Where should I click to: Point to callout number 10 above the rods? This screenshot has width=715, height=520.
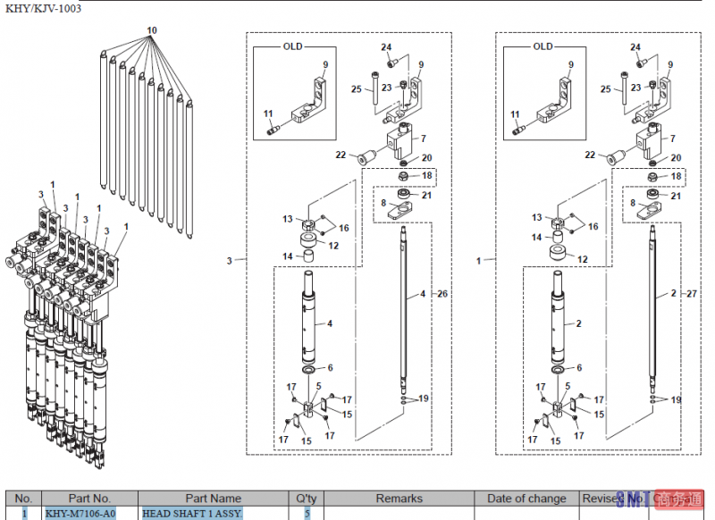tap(152, 30)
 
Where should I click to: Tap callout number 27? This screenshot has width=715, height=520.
tap(692, 294)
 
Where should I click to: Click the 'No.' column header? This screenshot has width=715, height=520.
tap(23, 499)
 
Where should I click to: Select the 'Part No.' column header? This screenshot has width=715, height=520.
tap(89, 499)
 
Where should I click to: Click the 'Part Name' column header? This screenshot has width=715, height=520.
tap(213, 499)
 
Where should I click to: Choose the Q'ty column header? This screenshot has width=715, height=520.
tap(306, 499)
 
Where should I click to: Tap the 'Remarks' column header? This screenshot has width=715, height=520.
tap(399, 499)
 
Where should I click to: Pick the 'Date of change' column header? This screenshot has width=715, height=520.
tap(526, 499)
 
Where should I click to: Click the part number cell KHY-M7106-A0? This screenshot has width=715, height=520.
tap(80, 514)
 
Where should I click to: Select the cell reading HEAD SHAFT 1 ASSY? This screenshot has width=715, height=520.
tap(191, 514)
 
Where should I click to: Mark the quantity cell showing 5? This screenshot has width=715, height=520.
tap(306, 514)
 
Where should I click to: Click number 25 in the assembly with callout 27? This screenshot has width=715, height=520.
tap(606, 90)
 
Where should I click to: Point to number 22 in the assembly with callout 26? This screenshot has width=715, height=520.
tap(341, 155)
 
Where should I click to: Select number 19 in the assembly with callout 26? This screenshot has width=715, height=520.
tap(424, 398)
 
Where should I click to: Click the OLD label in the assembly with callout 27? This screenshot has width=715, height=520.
tap(543, 46)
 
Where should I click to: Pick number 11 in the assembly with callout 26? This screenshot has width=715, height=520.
tap(267, 113)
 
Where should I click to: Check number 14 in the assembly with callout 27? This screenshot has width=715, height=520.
tap(537, 238)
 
